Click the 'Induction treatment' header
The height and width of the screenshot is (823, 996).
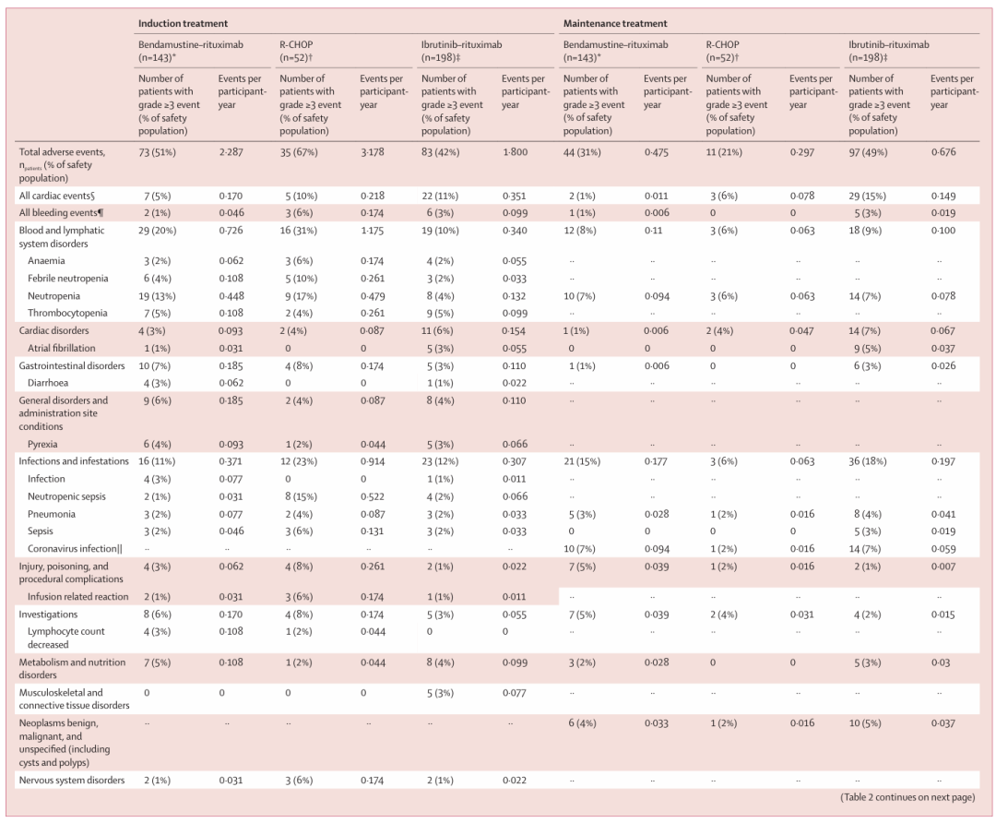point(183,23)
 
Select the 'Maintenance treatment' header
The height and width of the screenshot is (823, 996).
point(615,23)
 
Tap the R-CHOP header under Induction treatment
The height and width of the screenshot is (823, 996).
point(297,51)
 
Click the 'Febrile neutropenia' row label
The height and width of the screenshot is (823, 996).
point(68,279)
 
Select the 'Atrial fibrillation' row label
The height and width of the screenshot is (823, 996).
point(62,348)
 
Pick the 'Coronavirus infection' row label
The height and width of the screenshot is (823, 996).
point(75,548)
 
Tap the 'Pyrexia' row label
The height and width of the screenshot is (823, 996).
point(42,444)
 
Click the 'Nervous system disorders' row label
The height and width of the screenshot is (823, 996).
point(72,781)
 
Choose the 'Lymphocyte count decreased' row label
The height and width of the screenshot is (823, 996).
point(66,638)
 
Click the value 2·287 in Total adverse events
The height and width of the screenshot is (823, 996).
point(231,152)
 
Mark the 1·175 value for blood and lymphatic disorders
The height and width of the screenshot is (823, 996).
point(372,230)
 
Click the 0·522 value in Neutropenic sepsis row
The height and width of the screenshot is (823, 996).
point(373,496)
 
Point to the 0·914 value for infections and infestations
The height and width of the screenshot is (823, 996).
point(373,461)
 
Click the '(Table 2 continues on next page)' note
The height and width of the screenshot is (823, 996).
point(907,797)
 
